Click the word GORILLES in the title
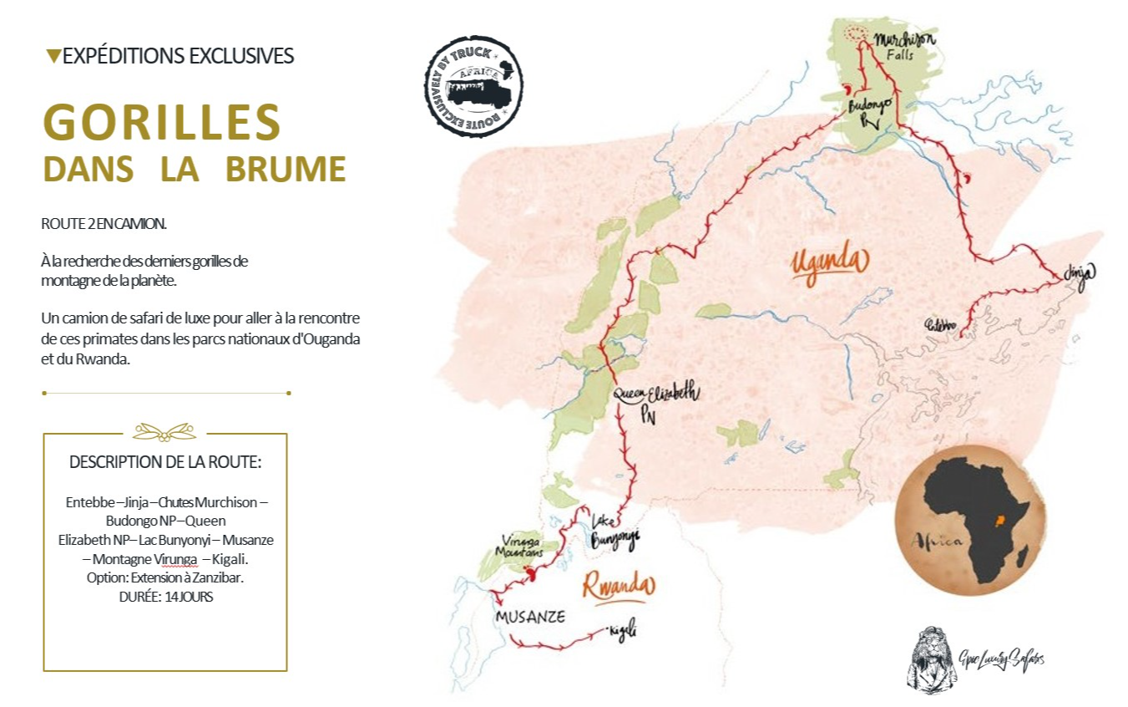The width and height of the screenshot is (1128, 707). pyautogui.click(x=161, y=123)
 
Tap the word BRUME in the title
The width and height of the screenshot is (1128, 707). pyautogui.click(x=286, y=169)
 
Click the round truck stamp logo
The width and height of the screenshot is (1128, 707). pyautogui.click(x=473, y=86)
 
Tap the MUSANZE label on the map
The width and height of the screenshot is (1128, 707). pyautogui.click(x=530, y=617)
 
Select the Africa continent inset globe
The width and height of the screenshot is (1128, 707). pyautogui.click(x=969, y=520)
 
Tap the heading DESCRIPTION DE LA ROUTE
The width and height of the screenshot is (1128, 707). pyautogui.click(x=165, y=462)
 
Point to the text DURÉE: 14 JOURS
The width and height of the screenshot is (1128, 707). pyautogui.click(x=165, y=597)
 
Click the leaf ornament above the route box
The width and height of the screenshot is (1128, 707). pyautogui.click(x=164, y=431)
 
